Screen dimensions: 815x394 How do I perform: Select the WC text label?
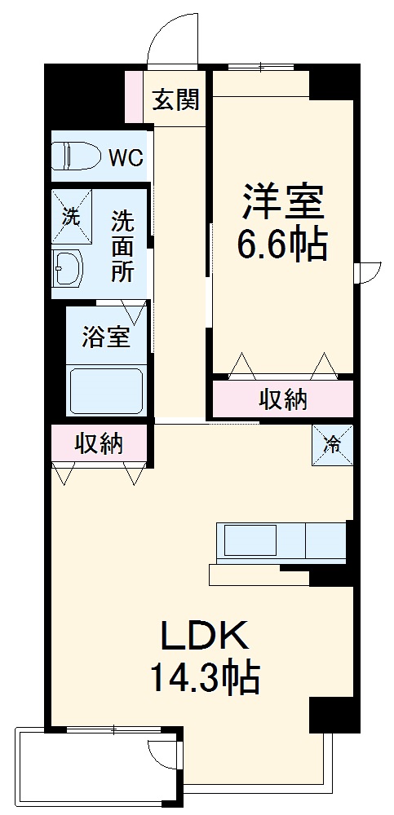pyautogui.click(x=126, y=157)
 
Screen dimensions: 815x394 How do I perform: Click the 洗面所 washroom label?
pyautogui.click(x=123, y=247)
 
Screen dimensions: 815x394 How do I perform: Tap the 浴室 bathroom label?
pyautogui.click(x=105, y=337)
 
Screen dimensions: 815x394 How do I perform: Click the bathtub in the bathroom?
pyautogui.click(x=106, y=391)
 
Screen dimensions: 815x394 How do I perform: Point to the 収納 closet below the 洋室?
pyautogui.click(x=283, y=399)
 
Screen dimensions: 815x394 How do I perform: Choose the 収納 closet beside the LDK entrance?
pyautogui.click(x=99, y=444)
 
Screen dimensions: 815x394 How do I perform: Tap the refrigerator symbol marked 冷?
pyautogui.click(x=333, y=445)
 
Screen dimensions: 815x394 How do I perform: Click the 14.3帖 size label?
pyautogui.click(x=203, y=677)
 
